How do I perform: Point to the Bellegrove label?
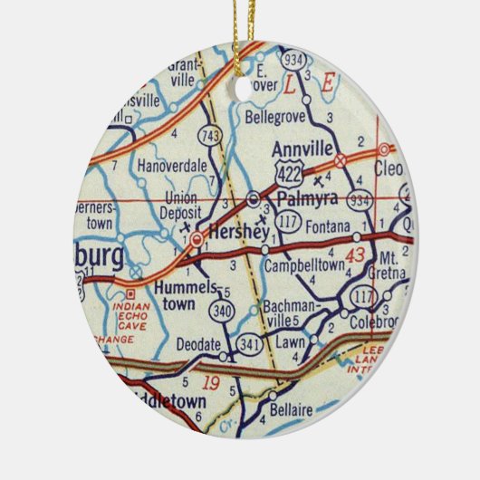coord(274,117)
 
